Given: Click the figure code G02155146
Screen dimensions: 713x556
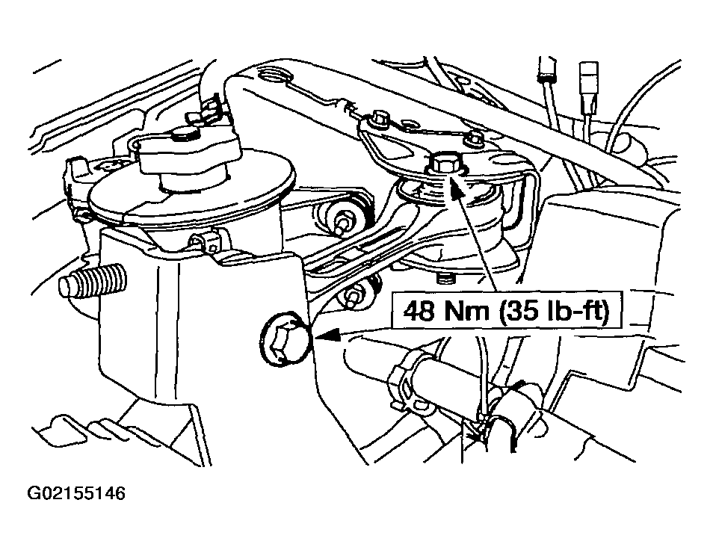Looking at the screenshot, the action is click(76, 493).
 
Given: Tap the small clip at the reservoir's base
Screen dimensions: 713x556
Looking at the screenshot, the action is click(206, 241).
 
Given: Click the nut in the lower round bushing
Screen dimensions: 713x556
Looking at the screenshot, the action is click(354, 297).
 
